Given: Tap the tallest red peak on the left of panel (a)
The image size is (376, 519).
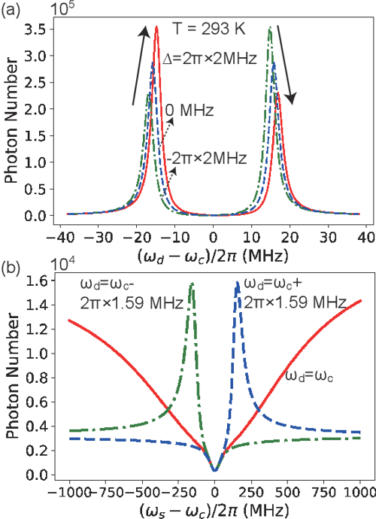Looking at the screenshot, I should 156,28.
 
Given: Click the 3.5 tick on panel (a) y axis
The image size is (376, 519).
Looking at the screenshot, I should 39,29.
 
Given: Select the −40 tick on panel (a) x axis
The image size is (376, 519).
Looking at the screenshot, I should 65,237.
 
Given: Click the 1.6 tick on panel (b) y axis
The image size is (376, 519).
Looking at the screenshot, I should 39,280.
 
